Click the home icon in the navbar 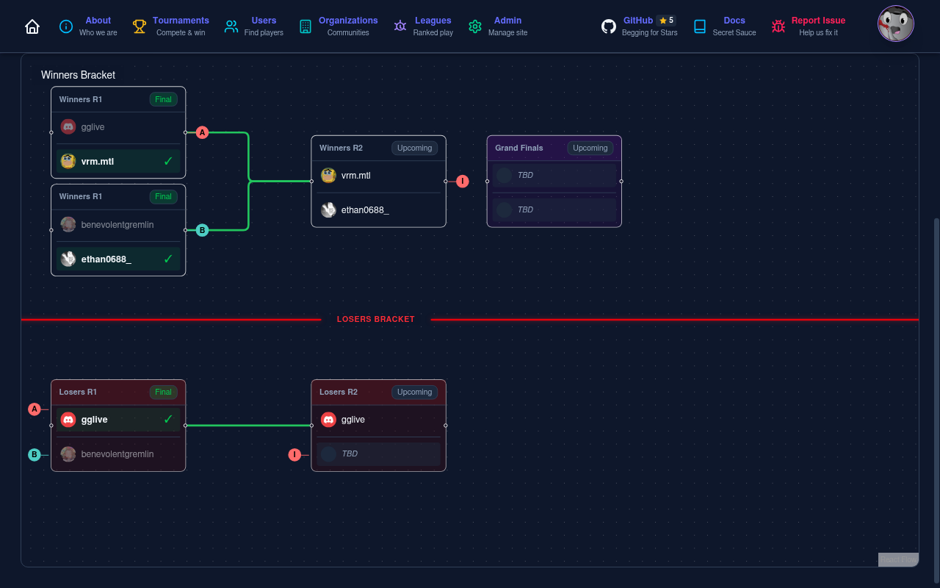32,26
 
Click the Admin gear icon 475,26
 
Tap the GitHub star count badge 666,21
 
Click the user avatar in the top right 895,24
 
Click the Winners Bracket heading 78,75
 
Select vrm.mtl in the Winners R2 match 355,176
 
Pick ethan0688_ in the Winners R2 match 364,210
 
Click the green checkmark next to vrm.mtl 168,161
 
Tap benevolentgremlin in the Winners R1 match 117,225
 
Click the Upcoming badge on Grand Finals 590,148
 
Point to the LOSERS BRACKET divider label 375,319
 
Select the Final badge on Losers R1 163,392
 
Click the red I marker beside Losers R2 294,455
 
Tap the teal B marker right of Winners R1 202,230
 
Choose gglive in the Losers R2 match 352,420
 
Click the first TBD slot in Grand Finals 554,176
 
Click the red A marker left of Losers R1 35,409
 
